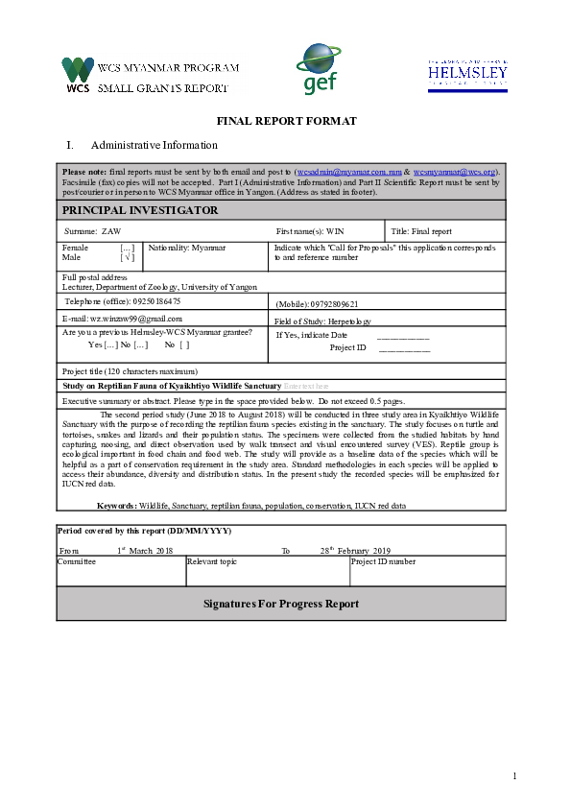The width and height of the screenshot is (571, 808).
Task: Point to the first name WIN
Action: tap(335, 232)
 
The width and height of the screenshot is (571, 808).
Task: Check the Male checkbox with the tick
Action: tap(127, 257)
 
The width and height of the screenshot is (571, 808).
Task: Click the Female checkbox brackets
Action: tap(127, 248)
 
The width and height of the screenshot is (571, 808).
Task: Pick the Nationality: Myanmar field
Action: tap(187, 248)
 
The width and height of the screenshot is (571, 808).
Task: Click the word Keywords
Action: tap(116, 505)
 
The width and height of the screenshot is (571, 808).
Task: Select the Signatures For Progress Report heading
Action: tap(281, 604)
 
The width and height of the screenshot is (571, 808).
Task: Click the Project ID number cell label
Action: tap(384, 561)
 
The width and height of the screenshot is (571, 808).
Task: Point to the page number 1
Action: tap(514, 775)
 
